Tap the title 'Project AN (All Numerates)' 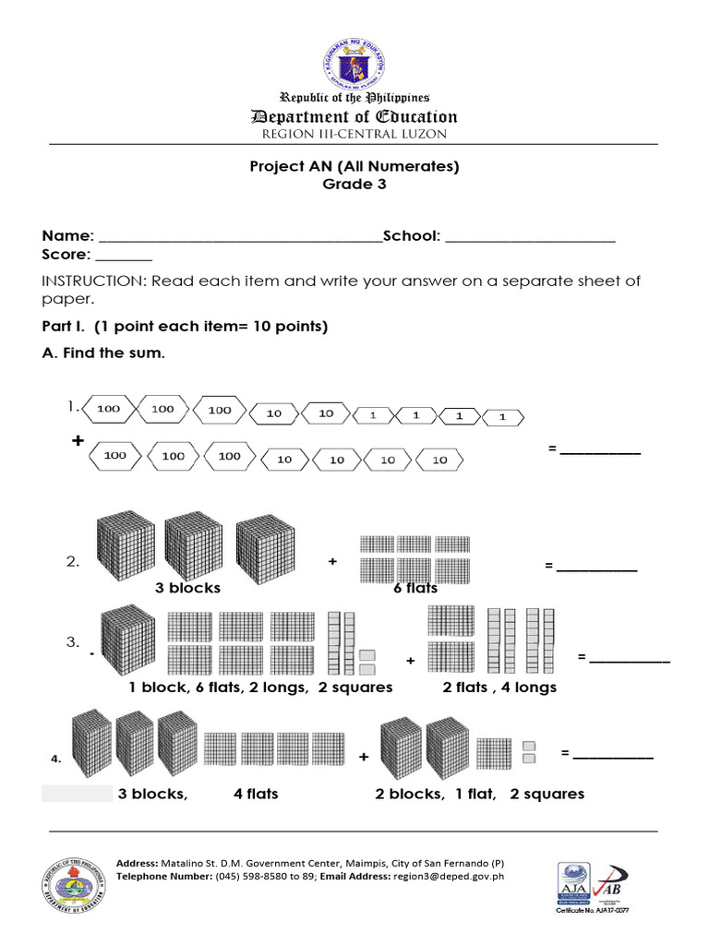click(354, 166)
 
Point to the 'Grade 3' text click(354, 184)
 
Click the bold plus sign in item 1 click(78, 442)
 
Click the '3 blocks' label click(187, 588)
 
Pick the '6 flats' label click(415, 588)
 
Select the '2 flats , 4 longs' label click(499, 688)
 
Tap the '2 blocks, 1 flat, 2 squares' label click(479, 794)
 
